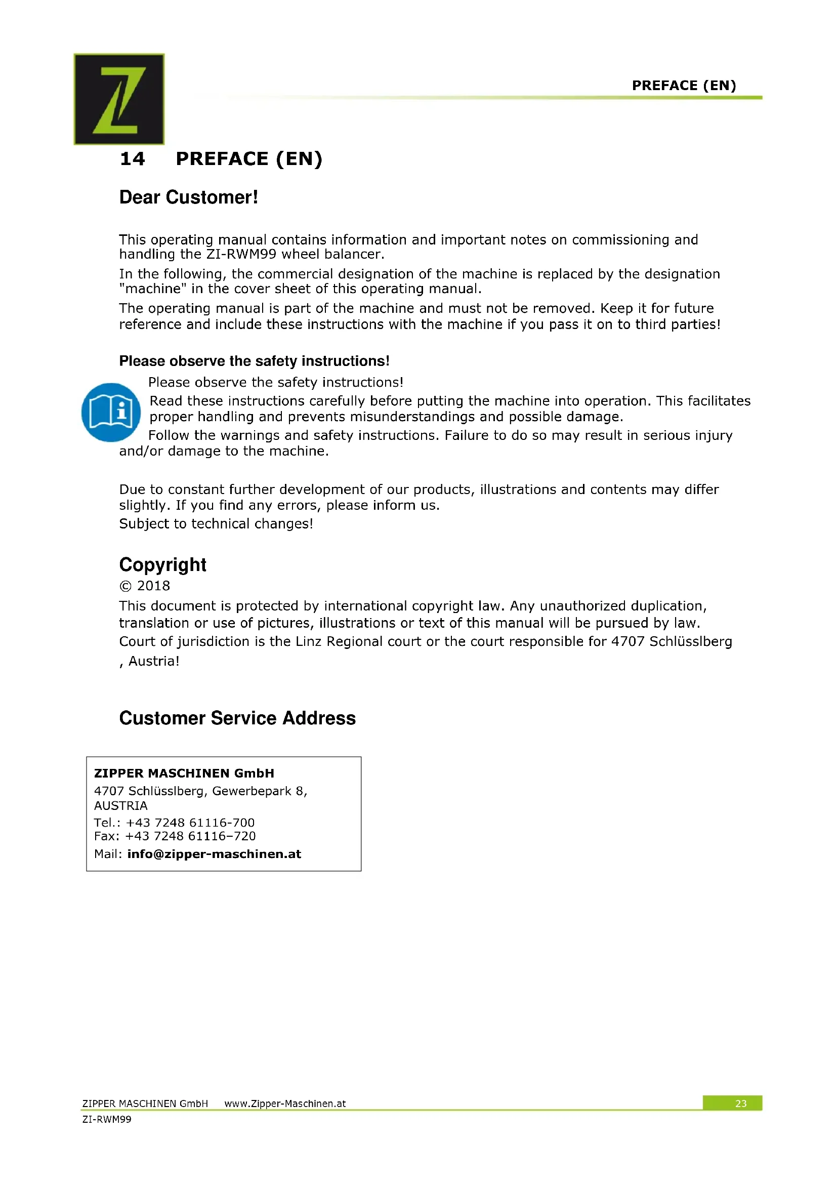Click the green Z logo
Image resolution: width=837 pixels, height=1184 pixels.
(x=119, y=99)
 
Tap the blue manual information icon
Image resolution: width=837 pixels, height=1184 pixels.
(x=111, y=412)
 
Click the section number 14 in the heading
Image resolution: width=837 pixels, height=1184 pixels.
(x=133, y=159)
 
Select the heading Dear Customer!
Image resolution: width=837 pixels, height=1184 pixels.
(x=189, y=197)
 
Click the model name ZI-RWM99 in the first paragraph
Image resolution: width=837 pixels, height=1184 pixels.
(x=241, y=254)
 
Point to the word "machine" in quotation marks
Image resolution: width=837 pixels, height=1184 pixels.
(x=153, y=289)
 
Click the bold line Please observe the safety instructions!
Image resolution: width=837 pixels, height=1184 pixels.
(x=254, y=361)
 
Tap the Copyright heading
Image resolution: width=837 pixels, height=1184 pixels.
(x=163, y=565)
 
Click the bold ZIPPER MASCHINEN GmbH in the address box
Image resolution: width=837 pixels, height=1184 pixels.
(x=184, y=773)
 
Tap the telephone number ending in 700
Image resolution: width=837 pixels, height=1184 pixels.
(x=190, y=823)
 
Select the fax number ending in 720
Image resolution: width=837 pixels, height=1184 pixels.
(x=190, y=836)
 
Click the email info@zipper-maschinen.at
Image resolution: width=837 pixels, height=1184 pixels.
(x=214, y=854)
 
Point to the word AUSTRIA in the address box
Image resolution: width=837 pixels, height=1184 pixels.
(x=120, y=805)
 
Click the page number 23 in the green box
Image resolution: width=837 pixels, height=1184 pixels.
(x=741, y=1104)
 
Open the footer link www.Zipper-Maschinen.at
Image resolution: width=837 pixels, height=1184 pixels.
(x=285, y=1104)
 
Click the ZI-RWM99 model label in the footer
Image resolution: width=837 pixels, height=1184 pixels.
(x=107, y=1119)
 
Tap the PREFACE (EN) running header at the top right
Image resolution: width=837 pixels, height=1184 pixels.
(x=684, y=86)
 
